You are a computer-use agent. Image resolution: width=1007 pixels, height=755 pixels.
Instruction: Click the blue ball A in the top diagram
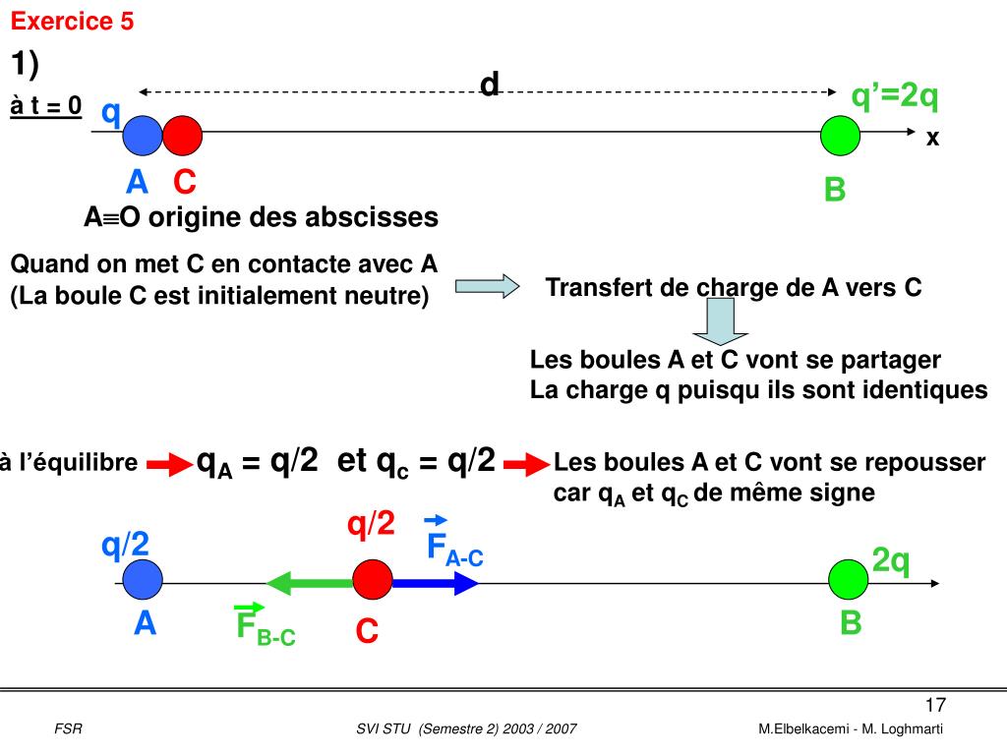coord(144,136)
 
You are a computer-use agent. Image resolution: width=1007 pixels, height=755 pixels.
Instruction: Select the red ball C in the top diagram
coord(183,136)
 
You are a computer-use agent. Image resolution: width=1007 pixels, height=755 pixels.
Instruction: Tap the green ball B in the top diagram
coord(841,136)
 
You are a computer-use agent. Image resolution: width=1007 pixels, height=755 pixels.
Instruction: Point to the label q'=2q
coord(895,96)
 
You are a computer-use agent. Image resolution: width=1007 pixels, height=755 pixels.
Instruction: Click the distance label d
coord(490,86)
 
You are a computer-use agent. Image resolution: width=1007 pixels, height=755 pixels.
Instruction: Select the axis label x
coord(932,140)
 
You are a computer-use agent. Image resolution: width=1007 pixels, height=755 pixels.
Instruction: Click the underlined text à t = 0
coord(46,106)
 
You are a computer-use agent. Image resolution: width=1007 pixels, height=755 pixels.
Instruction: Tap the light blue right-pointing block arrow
coord(488,286)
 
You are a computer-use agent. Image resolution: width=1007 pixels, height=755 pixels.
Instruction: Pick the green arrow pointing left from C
coord(310,582)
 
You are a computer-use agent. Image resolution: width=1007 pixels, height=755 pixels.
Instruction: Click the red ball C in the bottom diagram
coord(373,581)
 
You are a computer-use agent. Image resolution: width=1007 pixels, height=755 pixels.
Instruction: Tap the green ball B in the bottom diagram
coord(848,580)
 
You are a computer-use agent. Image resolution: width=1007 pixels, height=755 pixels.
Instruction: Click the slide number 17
coord(934,705)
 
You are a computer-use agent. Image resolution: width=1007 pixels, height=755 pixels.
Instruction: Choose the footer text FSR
coord(68,728)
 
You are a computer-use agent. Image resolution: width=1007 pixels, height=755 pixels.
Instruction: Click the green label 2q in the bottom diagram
coord(891,561)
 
